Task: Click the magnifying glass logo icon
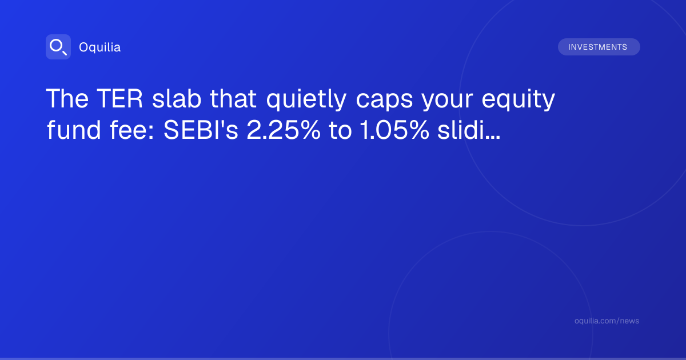point(58,47)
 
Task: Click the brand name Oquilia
point(100,47)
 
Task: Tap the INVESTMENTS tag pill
point(599,47)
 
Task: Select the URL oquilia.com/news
point(607,321)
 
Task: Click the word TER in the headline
point(119,98)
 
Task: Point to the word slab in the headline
point(177,98)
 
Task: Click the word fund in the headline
point(74,130)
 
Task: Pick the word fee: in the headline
point(132,130)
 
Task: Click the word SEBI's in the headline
point(201,130)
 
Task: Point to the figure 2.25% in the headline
point(284,130)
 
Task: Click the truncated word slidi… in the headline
point(469,130)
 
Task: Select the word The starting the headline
point(67,98)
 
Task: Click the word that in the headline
point(233,98)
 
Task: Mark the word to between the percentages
point(340,131)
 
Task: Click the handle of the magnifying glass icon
point(65,53)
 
